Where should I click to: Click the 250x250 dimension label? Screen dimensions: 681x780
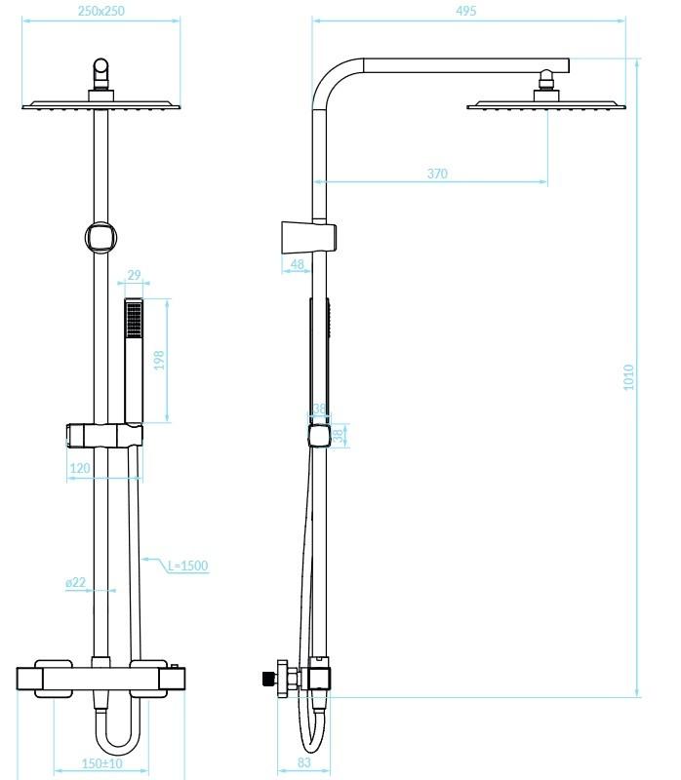click(x=101, y=11)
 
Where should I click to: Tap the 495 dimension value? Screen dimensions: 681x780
click(x=466, y=11)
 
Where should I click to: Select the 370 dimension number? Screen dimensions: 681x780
click(x=437, y=174)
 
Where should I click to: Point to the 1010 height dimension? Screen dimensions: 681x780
click(x=628, y=377)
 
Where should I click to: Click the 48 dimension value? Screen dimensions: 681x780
click(x=298, y=264)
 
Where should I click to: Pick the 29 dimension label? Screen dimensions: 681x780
click(x=134, y=275)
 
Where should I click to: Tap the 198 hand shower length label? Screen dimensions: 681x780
click(x=159, y=360)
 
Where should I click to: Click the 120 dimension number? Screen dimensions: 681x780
click(x=80, y=468)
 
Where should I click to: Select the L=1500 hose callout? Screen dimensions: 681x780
click(x=187, y=565)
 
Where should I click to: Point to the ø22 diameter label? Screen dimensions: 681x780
click(x=76, y=582)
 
